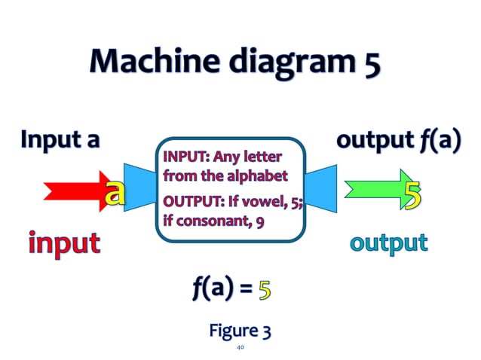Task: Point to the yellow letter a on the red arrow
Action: [x=114, y=192]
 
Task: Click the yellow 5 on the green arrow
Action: [x=412, y=194]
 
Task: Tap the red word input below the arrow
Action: [x=64, y=243]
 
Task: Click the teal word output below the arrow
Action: [x=388, y=243]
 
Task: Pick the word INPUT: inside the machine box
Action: [x=185, y=158]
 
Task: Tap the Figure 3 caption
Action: [x=240, y=330]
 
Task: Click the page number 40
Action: [x=240, y=348]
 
